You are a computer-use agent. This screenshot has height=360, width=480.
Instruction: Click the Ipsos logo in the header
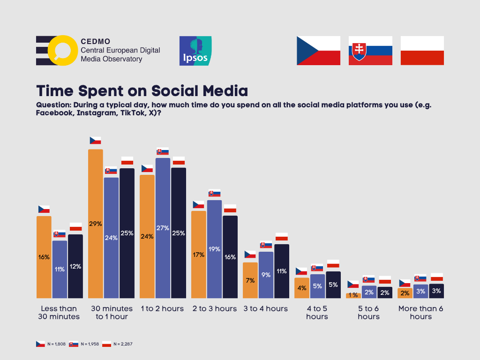pos(195,50)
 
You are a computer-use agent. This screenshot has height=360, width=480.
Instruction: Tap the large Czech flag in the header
pos(318,51)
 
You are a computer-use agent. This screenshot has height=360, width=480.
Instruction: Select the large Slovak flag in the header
pos(370,51)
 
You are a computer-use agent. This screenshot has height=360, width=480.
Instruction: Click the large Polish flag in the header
pos(422,51)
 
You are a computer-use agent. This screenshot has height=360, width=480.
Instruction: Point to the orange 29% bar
pos(96,224)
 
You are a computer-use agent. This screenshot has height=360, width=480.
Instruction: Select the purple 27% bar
pos(163,228)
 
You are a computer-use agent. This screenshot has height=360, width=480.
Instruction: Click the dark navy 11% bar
pos(282,271)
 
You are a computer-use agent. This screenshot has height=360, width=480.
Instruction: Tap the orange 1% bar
pos(353,295)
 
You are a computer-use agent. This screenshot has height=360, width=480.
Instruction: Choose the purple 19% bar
pos(214,249)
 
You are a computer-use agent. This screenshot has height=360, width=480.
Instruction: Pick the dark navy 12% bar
pos(75,266)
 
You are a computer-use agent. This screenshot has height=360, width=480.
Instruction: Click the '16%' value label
pos(44,257)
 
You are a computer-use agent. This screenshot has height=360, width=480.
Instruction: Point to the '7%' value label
pos(250,280)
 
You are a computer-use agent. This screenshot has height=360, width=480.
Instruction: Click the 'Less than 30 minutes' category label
pos(59,313)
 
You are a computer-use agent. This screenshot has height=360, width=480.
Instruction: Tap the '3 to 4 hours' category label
pos(265,309)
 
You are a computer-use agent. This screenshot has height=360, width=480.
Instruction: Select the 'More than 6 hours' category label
pos(420,313)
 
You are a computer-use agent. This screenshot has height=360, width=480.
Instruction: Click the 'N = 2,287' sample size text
pos(123,344)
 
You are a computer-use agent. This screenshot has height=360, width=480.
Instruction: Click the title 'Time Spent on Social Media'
pos(142,90)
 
